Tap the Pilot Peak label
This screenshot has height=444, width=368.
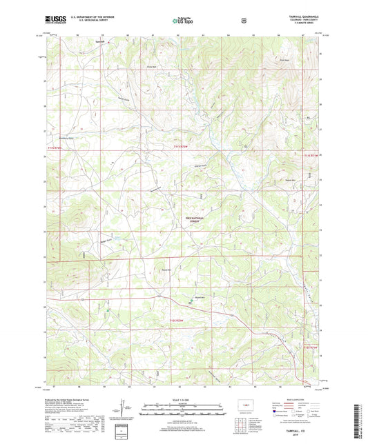tap(282, 59)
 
